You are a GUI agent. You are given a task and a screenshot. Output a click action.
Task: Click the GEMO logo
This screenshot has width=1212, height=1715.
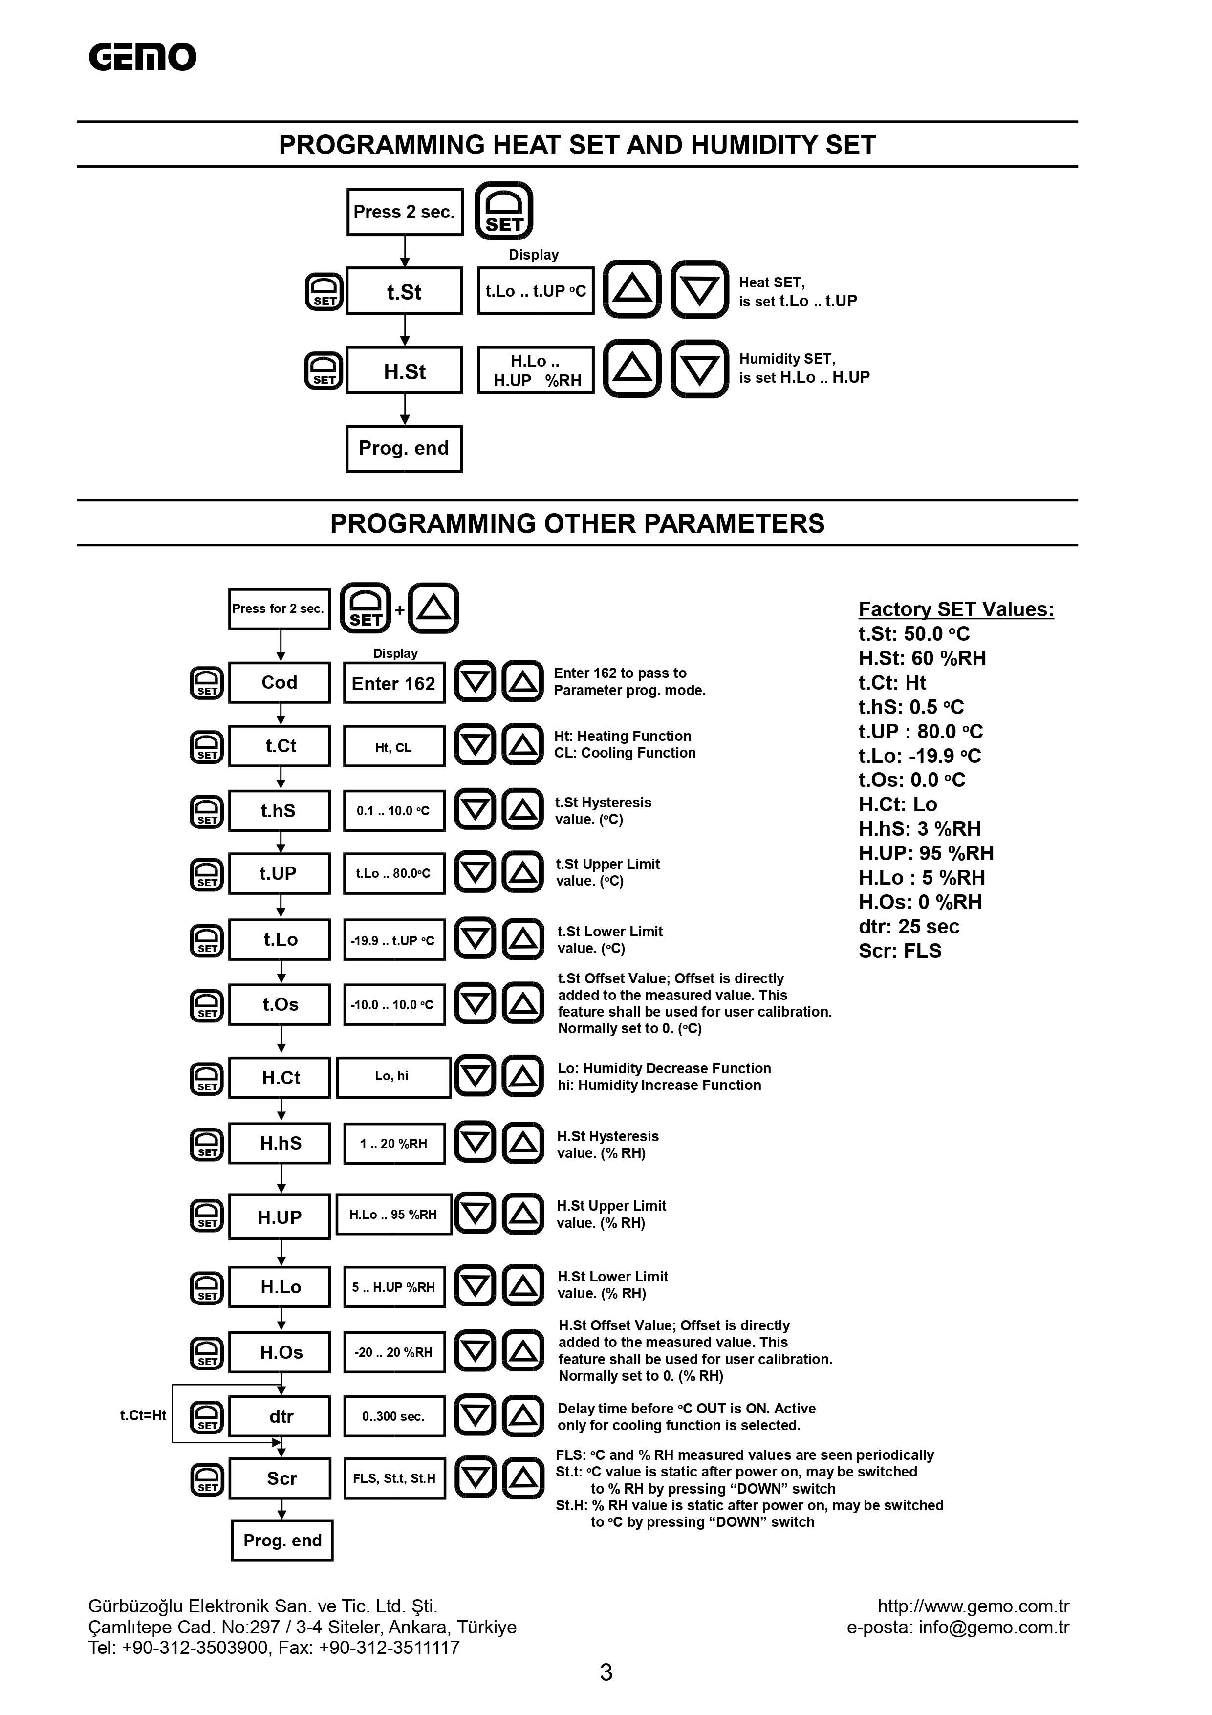pyautogui.click(x=142, y=58)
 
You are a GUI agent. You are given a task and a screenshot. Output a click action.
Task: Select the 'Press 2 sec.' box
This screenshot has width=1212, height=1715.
pyautogui.click(x=404, y=212)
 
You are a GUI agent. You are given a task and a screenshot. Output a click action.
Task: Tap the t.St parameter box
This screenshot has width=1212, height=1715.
pyautogui.click(x=404, y=291)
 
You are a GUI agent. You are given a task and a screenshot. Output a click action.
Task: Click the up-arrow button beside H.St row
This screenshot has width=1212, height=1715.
pyautogui.click(x=632, y=369)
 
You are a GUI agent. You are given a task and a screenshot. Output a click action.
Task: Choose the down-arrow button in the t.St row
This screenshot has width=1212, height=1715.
pyautogui.click(x=699, y=290)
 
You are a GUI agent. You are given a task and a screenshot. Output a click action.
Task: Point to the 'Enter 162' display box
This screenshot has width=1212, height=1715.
pyautogui.click(x=393, y=683)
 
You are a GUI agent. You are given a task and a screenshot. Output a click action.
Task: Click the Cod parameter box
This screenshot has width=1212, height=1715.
pyautogui.click(x=279, y=683)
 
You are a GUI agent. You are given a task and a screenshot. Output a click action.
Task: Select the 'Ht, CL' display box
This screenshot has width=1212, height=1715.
pyautogui.click(x=393, y=747)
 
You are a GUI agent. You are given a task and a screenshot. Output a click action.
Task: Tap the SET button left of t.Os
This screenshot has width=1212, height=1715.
pyautogui.click(x=207, y=1005)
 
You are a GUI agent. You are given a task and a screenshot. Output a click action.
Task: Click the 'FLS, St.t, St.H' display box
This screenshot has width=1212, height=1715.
pyautogui.click(x=393, y=1478)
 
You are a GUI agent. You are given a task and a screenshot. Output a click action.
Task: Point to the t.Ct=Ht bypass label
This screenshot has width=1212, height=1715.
pyautogui.click(x=143, y=1415)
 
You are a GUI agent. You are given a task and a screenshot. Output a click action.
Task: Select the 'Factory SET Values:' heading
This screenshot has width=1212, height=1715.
pyautogui.click(x=956, y=609)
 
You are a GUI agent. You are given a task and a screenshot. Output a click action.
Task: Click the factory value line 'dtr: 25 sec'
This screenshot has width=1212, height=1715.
pyautogui.click(x=909, y=927)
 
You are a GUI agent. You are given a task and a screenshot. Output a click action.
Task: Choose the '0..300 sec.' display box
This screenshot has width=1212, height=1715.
pyautogui.click(x=393, y=1416)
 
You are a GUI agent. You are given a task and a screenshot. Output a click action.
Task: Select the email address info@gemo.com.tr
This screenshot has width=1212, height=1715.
pyautogui.click(x=993, y=1627)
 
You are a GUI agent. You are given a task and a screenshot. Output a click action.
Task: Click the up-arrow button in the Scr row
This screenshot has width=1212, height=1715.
pyautogui.click(x=523, y=1478)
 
